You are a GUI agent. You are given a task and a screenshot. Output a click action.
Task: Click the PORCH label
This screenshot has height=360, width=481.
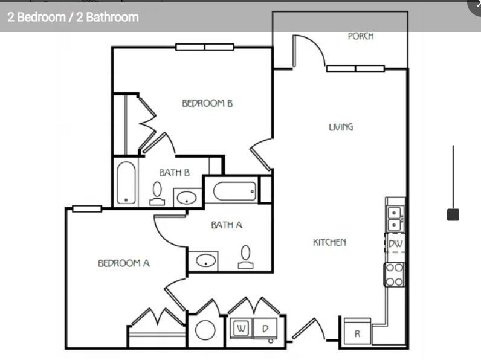tap(361, 36)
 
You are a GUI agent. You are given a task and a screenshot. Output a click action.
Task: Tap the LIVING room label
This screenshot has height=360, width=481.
tap(341, 127)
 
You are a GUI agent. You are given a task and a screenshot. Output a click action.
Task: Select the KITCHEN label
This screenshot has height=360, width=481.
tap(329, 242)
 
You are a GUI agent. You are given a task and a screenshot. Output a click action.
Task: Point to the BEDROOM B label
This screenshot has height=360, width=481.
tap(207, 103)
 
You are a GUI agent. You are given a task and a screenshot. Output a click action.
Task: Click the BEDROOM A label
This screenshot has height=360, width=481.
tap(124, 263)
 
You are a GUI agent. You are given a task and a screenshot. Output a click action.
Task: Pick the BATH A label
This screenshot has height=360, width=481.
tap(227, 225)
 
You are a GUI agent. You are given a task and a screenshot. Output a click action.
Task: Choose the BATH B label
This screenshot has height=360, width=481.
tap(174, 173)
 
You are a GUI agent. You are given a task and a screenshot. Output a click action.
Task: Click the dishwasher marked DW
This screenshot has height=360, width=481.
tap(395, 243)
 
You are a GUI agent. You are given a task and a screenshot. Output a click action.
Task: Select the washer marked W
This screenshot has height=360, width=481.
tap(242, 329)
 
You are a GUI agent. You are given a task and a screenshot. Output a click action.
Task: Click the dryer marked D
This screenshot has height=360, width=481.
tap(265, 329)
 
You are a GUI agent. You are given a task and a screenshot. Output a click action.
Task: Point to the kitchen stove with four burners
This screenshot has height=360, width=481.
tap(395, 274)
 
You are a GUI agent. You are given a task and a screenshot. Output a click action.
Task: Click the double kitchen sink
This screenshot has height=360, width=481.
tap(395, 219)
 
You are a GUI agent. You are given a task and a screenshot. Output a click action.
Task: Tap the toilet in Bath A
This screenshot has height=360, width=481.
tap(245, 257)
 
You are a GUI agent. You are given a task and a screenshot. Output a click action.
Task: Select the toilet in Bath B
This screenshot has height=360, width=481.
tap(157, 193)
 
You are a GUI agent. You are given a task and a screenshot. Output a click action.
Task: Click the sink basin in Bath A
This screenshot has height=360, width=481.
tap(205, 261)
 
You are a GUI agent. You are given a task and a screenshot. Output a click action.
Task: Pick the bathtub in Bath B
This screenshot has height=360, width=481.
tap(126, 183)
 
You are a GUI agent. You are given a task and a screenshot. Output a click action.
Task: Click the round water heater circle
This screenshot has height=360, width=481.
tap(205, 330)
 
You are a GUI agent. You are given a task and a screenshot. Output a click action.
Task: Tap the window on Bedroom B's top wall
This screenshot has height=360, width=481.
tap(205, 47)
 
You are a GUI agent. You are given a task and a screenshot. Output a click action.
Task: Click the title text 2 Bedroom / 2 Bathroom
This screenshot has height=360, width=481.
tap(73, 17)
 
